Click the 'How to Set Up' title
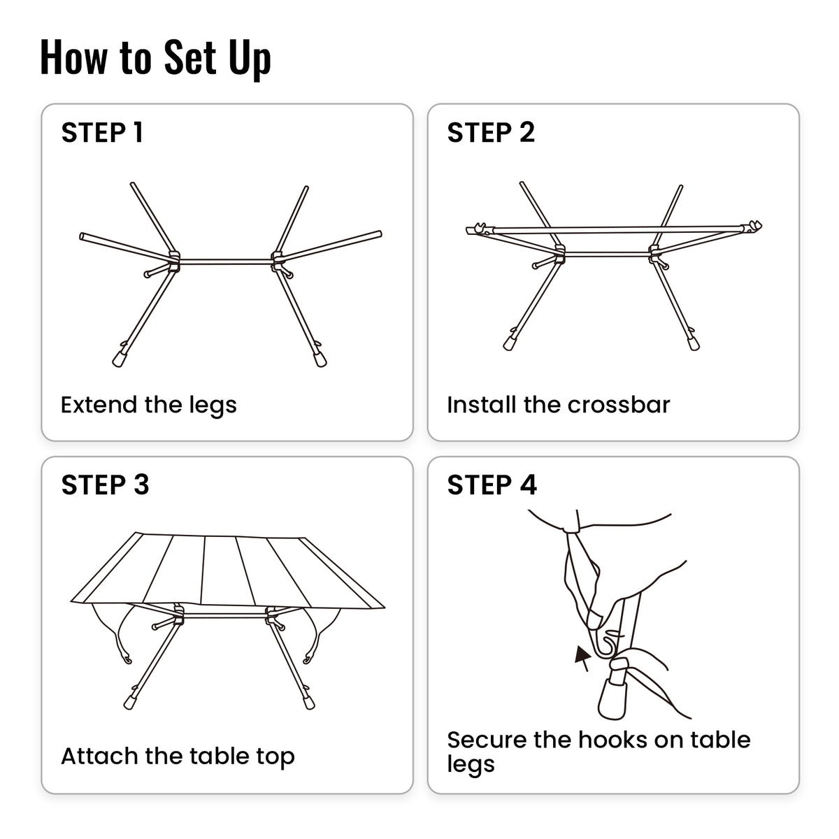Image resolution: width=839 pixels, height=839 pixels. [155, 57]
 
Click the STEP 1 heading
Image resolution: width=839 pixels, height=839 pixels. [102, 133]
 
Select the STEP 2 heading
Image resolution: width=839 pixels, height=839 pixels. [491, 133]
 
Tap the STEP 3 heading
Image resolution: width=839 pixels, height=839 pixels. [105, 485]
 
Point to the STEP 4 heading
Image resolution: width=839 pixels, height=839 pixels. [492, 485]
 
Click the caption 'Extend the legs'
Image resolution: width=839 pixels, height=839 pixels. [148, 405]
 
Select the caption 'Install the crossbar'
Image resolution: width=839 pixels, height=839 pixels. [558, 405]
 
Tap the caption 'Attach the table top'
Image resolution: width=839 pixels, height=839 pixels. [178, 756]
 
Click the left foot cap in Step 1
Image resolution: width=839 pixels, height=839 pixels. [119, 358]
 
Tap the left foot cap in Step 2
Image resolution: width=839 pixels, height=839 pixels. [509, 343]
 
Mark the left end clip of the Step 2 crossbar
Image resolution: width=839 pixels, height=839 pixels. [476, 229]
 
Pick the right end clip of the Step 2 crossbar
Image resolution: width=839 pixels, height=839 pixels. [753, 227]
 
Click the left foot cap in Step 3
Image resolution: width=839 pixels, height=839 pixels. [129, 701]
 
